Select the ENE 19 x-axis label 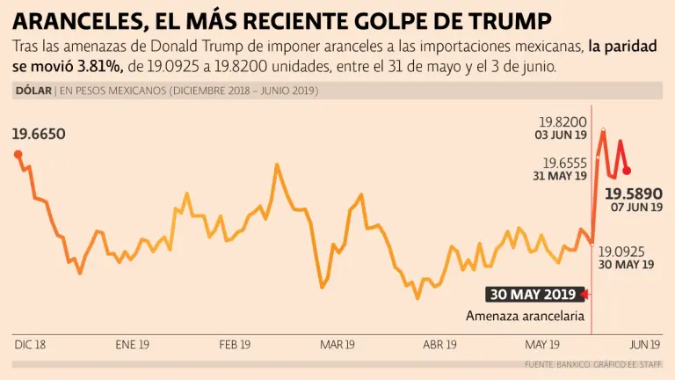132,345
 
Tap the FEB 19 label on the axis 235,345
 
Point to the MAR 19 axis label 337,345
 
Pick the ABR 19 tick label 439,345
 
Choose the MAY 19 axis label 542,345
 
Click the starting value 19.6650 39,135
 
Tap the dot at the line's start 18,154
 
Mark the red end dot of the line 627,171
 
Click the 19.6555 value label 564,163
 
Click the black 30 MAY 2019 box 533,294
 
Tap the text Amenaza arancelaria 525,316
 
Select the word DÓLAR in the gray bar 33,91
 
